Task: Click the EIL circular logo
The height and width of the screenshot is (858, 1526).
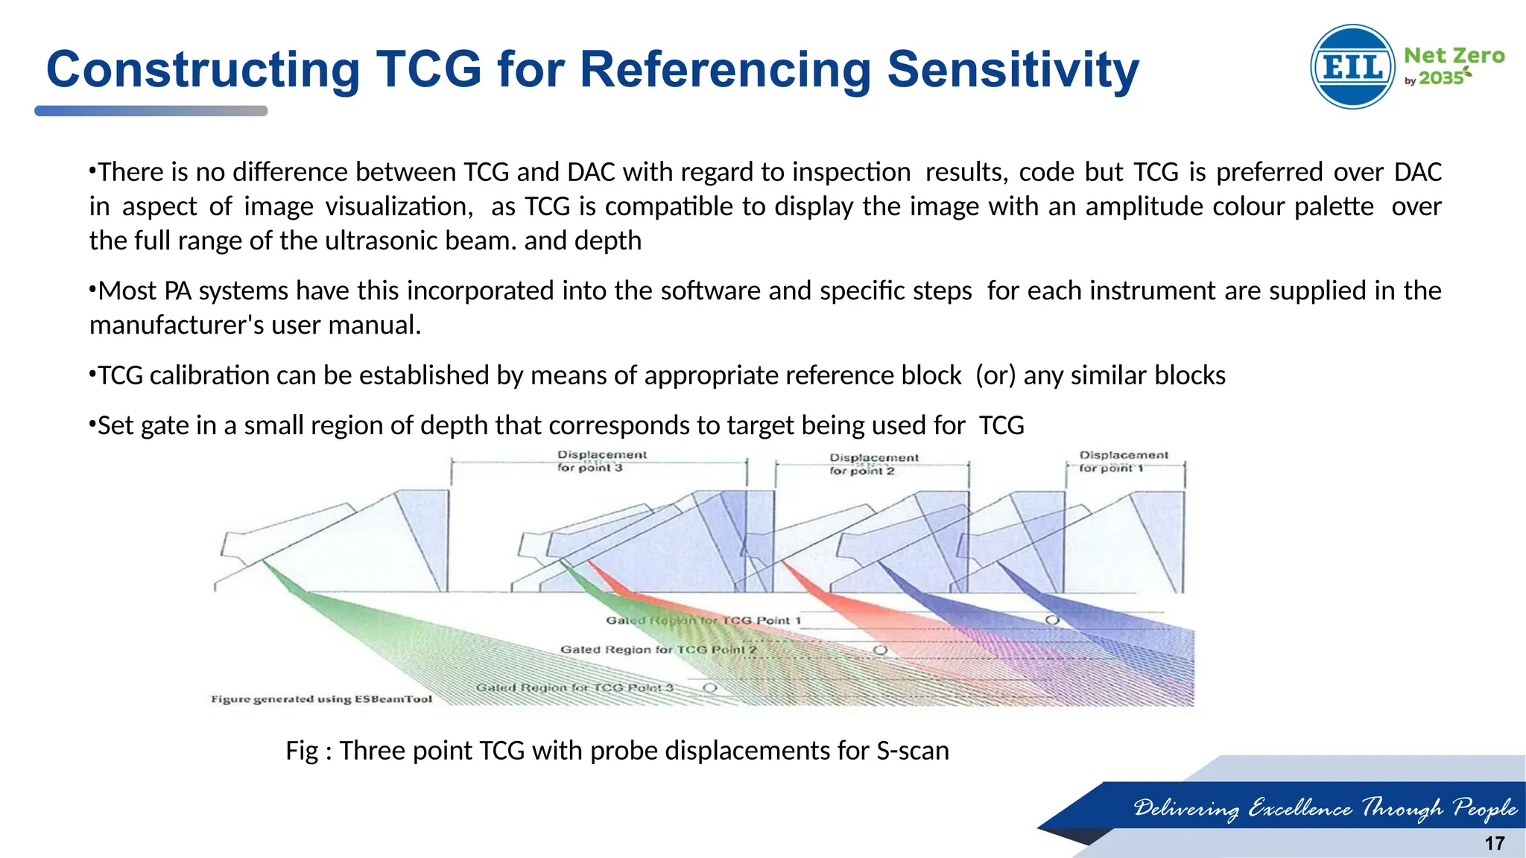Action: click(1352, 67)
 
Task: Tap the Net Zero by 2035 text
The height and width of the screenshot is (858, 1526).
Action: click(1453, 66)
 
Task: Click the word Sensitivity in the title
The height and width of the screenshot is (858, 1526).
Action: click(1013, 70)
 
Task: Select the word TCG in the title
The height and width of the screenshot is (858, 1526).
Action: click(429, 70)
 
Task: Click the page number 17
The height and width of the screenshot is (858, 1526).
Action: click(1494, 843)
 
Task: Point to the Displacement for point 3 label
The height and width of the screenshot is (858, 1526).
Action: click(601, 461)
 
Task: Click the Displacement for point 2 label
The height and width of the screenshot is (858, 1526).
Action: click(873, 464)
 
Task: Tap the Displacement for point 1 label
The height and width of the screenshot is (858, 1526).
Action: click(1123, 461)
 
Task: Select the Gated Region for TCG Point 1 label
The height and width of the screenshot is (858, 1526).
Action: click(703, 620)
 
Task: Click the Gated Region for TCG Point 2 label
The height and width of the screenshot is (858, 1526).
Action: click(658, 649)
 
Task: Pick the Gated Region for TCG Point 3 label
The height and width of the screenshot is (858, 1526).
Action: click(574, 687)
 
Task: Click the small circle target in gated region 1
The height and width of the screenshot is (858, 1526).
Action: click(1052, 620)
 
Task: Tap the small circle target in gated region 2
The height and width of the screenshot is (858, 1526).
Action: click(880, 650)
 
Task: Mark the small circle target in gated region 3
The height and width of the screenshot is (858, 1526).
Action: click(710, 687)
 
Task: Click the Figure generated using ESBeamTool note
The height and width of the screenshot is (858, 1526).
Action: click(321, 699)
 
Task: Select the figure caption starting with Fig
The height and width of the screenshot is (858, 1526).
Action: click(617, 750)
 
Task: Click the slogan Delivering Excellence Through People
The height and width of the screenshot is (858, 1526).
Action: click(1325, 807)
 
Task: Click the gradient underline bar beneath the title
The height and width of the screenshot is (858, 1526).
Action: click(151, 111)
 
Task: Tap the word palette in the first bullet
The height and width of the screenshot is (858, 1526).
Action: click(1333, 206)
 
